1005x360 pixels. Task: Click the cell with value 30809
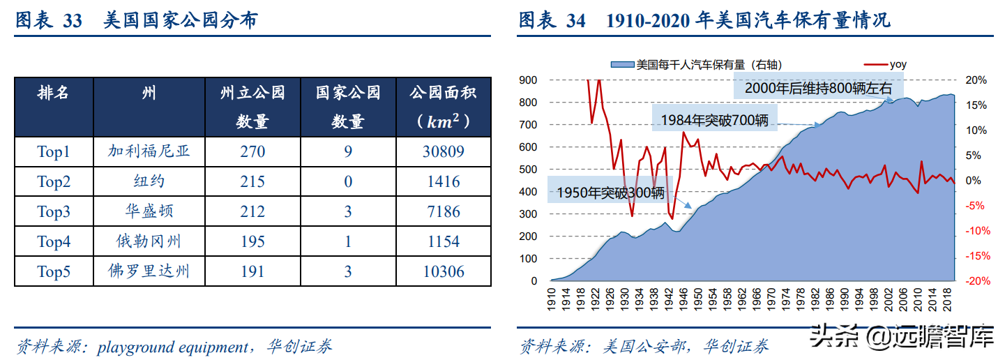(443, 151)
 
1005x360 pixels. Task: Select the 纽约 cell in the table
(149, 181)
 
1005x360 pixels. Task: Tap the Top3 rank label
(54, 211)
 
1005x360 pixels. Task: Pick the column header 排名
(54, 93)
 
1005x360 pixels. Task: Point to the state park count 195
(252, 241)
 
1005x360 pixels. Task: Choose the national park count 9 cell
(347, 151)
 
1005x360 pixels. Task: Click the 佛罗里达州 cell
(149, 271)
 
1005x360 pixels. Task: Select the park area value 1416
(443, 181)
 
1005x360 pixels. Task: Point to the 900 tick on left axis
(527, 80)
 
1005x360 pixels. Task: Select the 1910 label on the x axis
(552, 299)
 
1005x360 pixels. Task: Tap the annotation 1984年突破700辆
(715, 119)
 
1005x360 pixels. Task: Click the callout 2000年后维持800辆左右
(818, 88)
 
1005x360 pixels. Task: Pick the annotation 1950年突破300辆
(607, 193)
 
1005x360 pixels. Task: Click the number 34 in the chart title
(575, 21)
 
